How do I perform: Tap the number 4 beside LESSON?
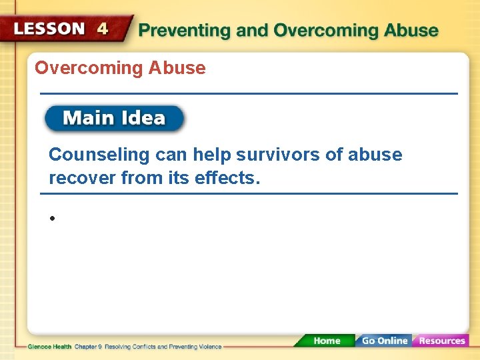(x=103, y=29)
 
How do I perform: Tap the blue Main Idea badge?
(x=114, y=119)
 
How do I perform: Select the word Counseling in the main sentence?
(x=99, y=155)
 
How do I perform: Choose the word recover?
(x=77, y=179)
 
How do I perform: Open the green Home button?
(x=326, y=341)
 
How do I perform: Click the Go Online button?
(x=384, y=341)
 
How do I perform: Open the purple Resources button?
(x=441, y=341)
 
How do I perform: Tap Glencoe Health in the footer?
(x=50, y=347)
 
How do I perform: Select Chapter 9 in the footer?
(x=87, y=347)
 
